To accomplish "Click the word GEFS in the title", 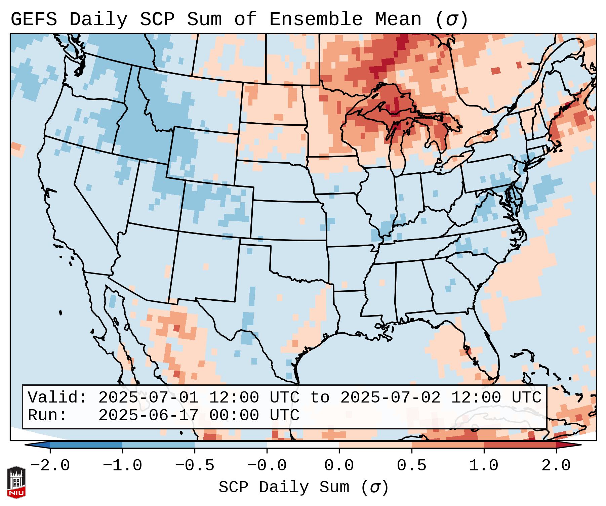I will click(x=34, y=19).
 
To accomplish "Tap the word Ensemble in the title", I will click(x=316, y=19).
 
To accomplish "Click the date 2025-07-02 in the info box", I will click(x=390, y=397).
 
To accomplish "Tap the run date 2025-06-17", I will click(x=148, y=416).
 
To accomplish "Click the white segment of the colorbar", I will click(x=303, y=445).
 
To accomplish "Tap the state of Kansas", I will click(x=287, y=220).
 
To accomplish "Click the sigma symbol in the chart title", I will click(x=451, y=19).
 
